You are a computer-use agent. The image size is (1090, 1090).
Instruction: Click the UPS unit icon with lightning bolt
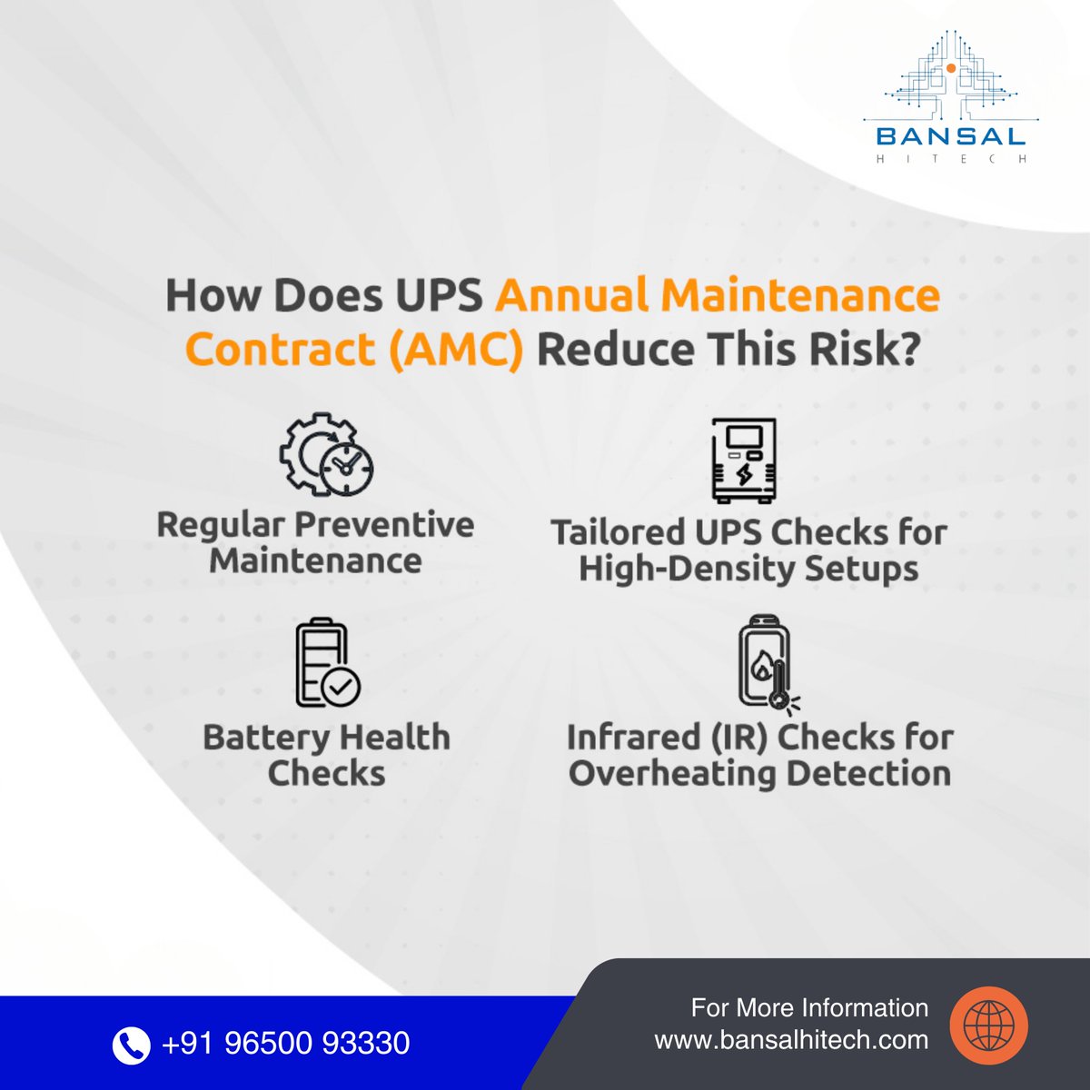(x=744, y=461)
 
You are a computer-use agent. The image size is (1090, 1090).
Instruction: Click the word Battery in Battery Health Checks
(x=257, y=737)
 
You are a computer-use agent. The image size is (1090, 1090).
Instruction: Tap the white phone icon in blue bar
(x=131, y=1044)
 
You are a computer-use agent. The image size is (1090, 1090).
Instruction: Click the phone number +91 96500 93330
(x=285, y=1043)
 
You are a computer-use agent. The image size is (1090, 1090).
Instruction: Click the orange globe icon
(x=988, y=1026)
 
